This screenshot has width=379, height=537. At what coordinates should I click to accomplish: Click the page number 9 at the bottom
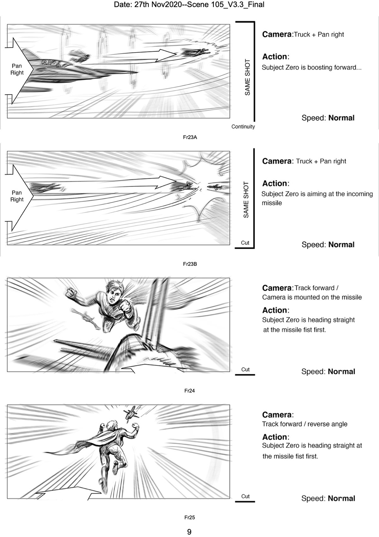pyautogui.click(x=189, y=532)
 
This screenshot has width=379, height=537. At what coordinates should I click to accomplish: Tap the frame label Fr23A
pyautogui.click(x=190, y=137)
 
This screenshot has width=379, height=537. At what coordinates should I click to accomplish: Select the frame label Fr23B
pyautogui.click(x=190, y=264)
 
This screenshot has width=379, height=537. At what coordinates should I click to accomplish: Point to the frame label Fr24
pyautogui.click(x=189, y=391)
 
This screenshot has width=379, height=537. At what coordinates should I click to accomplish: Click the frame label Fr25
pyautogui.click(x=189, y=517)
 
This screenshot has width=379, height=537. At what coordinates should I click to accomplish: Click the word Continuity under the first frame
pyautogui.click(x=243, y=127)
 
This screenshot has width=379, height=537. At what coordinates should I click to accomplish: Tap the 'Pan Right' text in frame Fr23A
pyautogui.click(x=17, y=69)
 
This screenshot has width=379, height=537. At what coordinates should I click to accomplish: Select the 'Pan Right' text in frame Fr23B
pyautogui.click(x=17, y=196)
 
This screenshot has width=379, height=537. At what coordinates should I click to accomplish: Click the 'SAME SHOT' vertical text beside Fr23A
pyautogui.click(x=247, y=77)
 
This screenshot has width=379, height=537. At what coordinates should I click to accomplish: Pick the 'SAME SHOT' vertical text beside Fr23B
pyautogui.click(x=246, y=200)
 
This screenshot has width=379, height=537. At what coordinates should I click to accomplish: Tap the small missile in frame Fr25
pyautogui.click(x=131, y=413)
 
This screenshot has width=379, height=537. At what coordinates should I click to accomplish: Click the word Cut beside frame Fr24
pyautogui.click(x=245, y=369)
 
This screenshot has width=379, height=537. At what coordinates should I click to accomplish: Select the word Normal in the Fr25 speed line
pyautogui.click(x=341, y=498)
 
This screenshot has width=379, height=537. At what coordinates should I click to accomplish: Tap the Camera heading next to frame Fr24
pyautogui.click(x=277, y=288)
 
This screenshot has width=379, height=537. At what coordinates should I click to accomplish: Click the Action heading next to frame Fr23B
pyautogui.click(x=275, y=183)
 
